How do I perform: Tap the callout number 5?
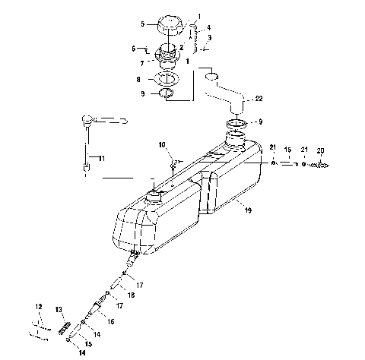click(x=142, y=24)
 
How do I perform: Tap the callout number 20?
click(x=320, y=150)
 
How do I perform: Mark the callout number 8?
click(x=138, y=79)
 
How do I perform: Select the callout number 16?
click(x=111, y=322)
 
